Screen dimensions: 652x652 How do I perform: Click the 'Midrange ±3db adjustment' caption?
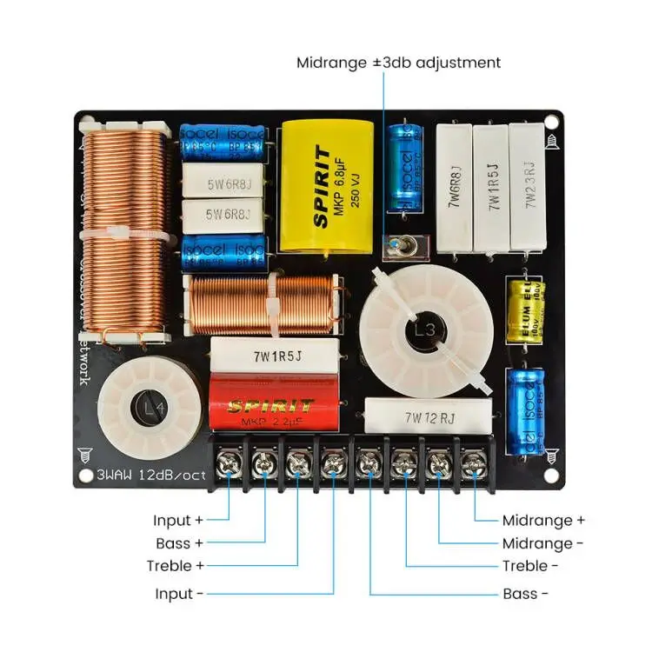pyautogui.click(x=398, y=63)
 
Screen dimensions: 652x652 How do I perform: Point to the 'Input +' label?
pyautogui.click(x=177, y=520)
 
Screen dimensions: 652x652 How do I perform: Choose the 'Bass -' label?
pyautogui.click(x=525, y=595)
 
